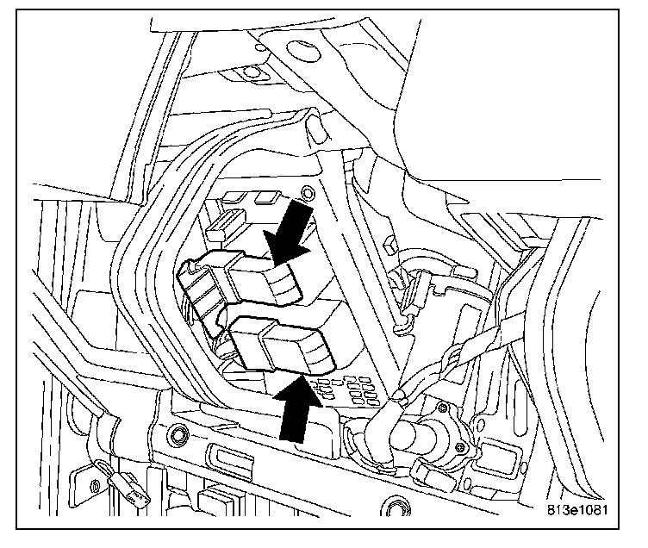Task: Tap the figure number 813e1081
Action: click(x=583, y=508)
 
